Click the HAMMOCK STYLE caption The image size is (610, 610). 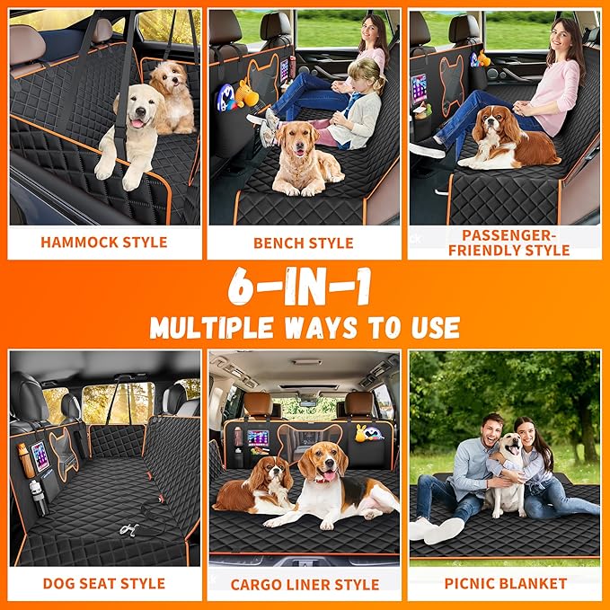tap(104, 242)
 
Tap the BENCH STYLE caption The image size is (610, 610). tap(304, 243)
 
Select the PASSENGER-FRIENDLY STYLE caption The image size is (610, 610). tap(503, 242)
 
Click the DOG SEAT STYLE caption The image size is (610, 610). tap(104, 583)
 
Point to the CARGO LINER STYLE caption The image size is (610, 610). tap(304, 583)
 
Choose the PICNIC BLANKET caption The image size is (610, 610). tap(505, 583)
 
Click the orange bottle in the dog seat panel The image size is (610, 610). tap(27, 460)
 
